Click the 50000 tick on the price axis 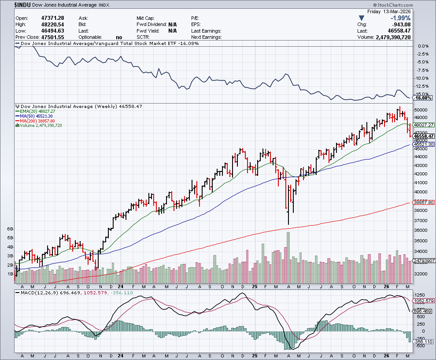coord(420,110)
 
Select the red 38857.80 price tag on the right coord(423,203)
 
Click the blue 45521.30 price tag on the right coord(423,145)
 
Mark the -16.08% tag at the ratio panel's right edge coord(422,98)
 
